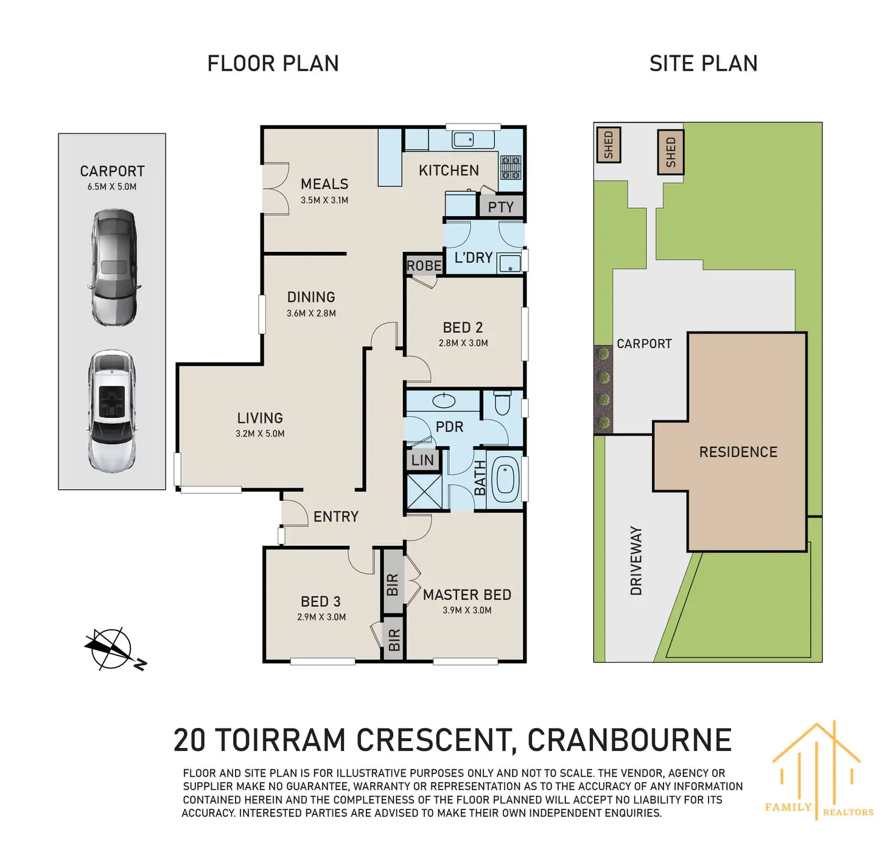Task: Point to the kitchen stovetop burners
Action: [511, 167]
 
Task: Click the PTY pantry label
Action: [500, 207]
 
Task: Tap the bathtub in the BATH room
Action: [506, 479]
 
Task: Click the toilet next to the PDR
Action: [502, 403]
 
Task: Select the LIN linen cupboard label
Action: [422, 459]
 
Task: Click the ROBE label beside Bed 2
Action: [424, 266]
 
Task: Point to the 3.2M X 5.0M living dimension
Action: [260, 433]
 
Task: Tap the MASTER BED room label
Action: [467, 595]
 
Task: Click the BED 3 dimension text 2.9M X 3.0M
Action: [321, 617]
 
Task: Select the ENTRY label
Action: [335, 517]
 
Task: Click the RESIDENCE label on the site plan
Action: [738, 452]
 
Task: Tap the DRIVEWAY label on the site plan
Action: [636, 560]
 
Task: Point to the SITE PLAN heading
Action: [703, 63]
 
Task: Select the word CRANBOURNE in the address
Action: [629, 740]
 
